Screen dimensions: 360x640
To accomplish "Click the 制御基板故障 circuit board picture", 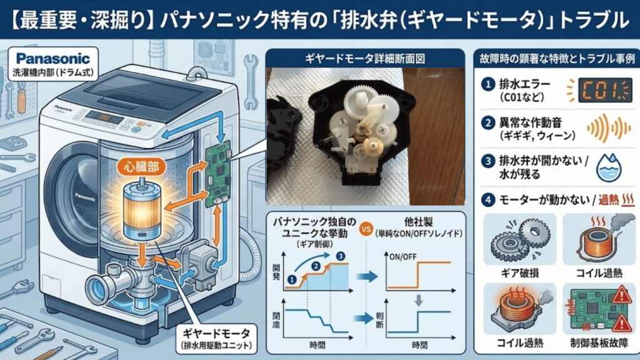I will tap(594, 306).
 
